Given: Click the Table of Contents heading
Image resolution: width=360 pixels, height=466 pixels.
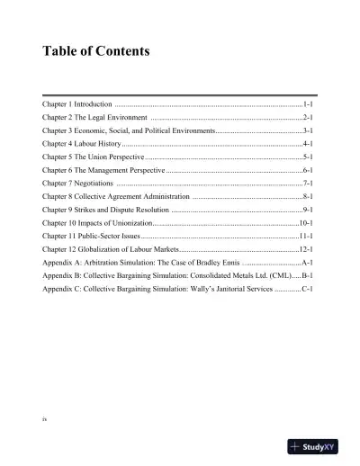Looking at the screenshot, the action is [x=96, y=51].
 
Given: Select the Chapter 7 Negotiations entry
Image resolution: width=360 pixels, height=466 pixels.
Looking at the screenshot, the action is [x=74, y=183].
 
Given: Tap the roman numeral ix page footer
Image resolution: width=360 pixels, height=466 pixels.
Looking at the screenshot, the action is [x=45, y=419].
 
